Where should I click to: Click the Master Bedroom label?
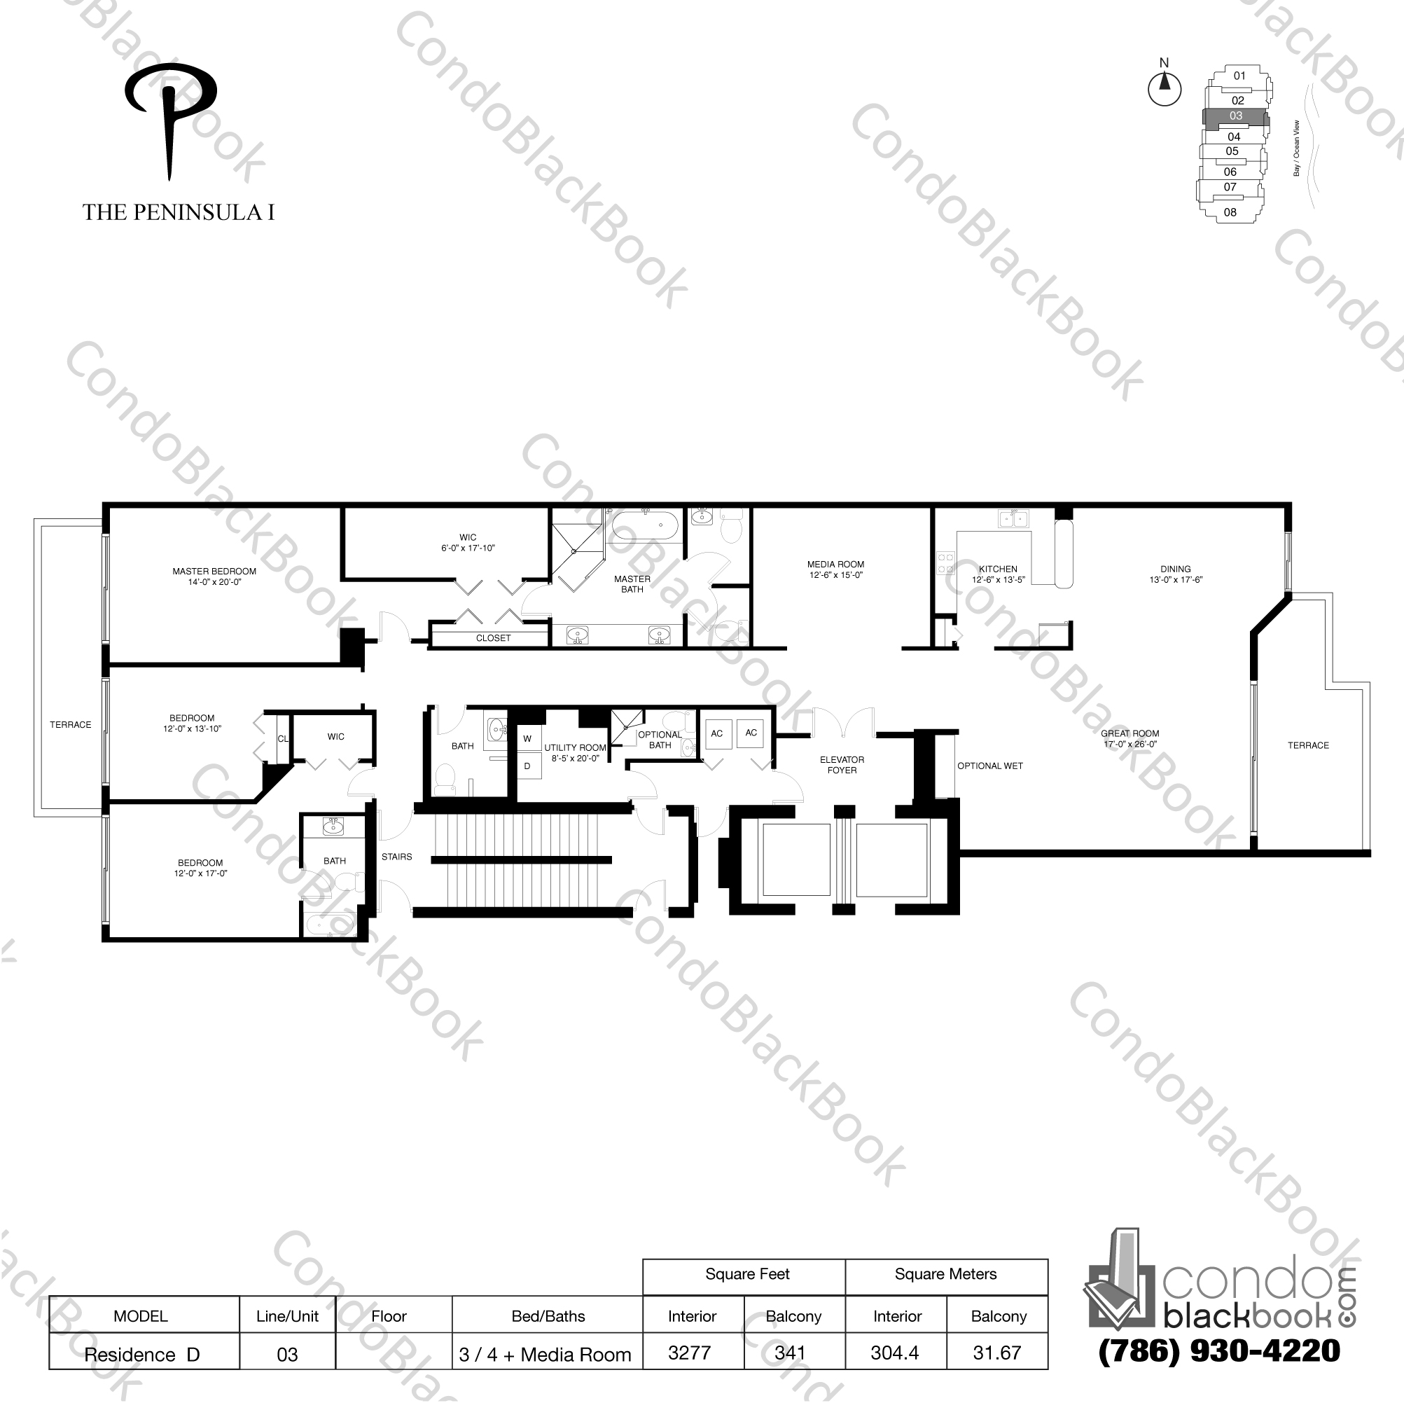click(x=214, y=572)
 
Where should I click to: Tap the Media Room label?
click(x=835, y=564)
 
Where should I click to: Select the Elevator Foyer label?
click(x=842, y=765)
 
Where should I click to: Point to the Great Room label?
click(x=1130, y=733)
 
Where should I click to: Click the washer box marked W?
click(x=527, y=738)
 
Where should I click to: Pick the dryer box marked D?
click(x=527, y=766)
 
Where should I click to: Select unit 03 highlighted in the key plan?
click(x=1235, y=116)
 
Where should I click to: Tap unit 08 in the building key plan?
click(x=1230, y=212)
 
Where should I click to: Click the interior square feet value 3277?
click(x=689, y=1353)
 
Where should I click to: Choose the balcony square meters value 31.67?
click(x=997, y=1353)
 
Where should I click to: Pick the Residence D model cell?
click(x=142, y=1354)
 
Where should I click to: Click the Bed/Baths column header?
click(x=548, y=1315)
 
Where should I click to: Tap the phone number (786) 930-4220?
click(x=1219, y=1350)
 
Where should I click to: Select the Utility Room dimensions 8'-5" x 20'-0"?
click(x=575, y=758)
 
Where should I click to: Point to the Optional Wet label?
click(x=989, y=766)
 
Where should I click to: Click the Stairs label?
click(x=397, y=857)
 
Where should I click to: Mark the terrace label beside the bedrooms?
click(x=71, y=725)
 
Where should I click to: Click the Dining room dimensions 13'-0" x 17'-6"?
click(x=1175, y=580)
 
